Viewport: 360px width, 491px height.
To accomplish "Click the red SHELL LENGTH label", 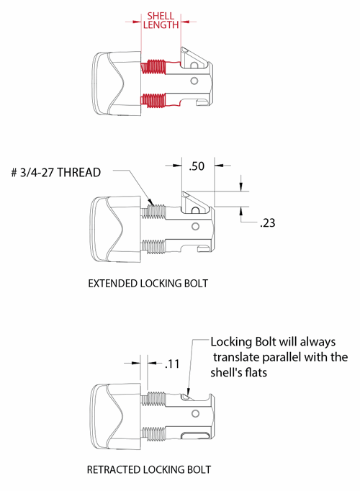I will click(x=160, y=19).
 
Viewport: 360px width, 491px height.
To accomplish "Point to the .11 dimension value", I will click(x=171, y=364).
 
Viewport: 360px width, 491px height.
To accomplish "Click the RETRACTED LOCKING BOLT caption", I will click(x=148, y=469).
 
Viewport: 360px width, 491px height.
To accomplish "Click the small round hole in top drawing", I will click(x=193, y=82).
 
